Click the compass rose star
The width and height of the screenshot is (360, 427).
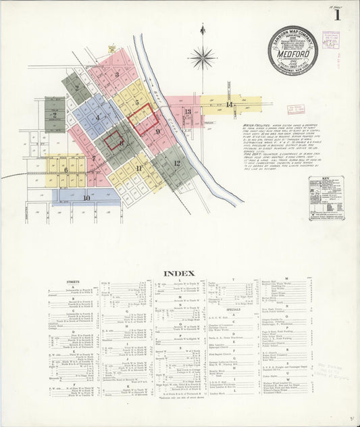point(202,58)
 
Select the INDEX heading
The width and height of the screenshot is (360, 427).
point(178,273)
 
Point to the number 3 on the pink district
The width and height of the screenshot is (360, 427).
point(116,75)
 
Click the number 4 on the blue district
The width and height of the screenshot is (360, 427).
point(97,118)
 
